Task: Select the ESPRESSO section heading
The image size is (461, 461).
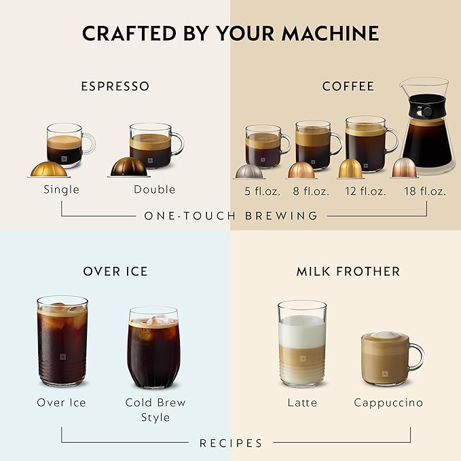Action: point(115,86)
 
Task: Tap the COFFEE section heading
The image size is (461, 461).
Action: point(348,86)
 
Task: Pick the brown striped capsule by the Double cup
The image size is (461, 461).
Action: point(128,167)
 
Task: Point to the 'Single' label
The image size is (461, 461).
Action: point(61,189)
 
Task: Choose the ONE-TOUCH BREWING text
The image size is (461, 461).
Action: point(230,216)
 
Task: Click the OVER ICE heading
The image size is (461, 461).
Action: point(115,271)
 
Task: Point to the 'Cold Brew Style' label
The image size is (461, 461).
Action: point(155,409)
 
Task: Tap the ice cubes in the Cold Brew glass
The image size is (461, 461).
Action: point(153,320)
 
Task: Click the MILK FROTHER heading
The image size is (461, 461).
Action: point(348,271)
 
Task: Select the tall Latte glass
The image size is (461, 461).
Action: point(302,344)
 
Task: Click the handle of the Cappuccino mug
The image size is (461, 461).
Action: point(416,356)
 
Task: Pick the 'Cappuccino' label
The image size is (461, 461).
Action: point(388,403)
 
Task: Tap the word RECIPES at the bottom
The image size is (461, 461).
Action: point(230,443)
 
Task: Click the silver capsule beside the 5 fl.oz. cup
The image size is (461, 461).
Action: point(248,171)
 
